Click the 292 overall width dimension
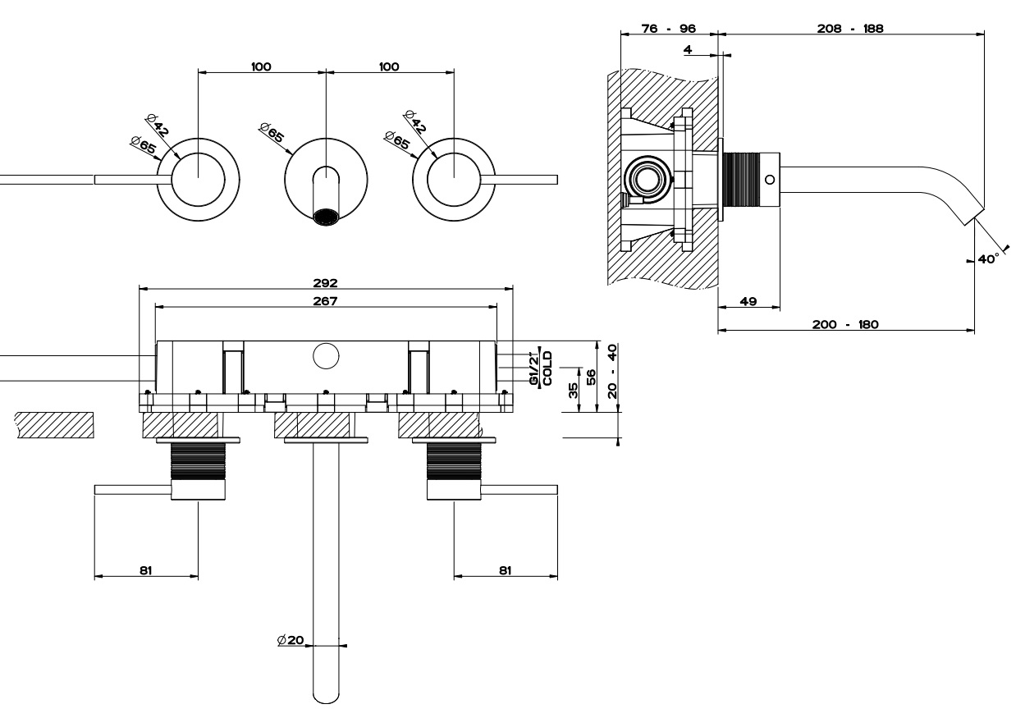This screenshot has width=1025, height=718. pos(326,282)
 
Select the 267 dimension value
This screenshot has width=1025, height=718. pos(326,300)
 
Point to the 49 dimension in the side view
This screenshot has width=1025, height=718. pos(748,301)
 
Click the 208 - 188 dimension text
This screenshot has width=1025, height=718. pos(852,28)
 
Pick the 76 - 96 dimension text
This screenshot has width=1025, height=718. pos(669,28)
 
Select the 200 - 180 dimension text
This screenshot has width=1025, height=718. pos(845,324)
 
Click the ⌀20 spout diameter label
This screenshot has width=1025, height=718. pos(291,639)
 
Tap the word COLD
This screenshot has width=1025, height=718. pos(547,368)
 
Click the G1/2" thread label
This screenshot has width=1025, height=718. pos(534,369)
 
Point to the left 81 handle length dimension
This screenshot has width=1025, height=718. pos(146,569)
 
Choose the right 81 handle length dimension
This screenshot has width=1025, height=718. pos(506,569)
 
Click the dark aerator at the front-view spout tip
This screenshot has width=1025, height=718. pos(327,217)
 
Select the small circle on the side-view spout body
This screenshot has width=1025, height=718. pos(769,179)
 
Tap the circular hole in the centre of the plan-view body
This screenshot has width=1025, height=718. pos(326,356)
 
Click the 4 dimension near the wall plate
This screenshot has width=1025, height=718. pos(687,50)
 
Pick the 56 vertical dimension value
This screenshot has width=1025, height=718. pos(591,377)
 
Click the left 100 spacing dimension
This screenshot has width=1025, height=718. pos(262,66)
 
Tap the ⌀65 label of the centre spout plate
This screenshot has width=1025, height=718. pos(272,132)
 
